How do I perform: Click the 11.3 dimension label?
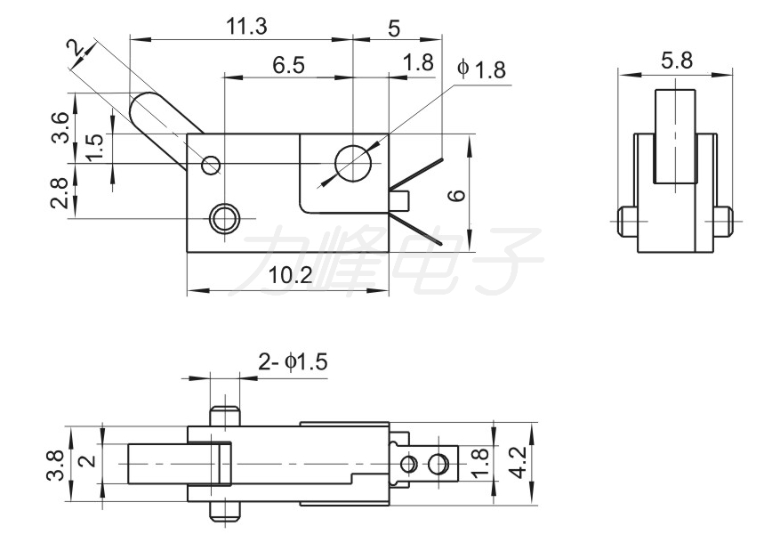(x=246, y=27)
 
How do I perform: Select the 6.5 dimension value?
(x=288, y=65)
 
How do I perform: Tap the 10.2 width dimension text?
(x=291, y=276)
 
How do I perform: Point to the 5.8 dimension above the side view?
(x=677, y=61)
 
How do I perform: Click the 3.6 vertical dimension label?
(x=60, y=127)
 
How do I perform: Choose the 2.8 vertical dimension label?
(x=60, y=193)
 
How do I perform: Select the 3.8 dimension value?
(x=55, y=466)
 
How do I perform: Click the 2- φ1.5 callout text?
(x=293, y=362)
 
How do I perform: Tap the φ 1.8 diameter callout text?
(x=481, y=69)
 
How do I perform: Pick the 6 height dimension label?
(x=457, y=195)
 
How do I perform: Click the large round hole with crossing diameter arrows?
(x=353, y=163)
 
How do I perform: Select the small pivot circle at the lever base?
(x=211, y=166)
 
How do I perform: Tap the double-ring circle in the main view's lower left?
(x=225, y=218)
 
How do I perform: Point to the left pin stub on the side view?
(x=628, y=222)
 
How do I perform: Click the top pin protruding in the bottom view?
(x=226, y=416)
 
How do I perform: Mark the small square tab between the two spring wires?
(x=400, y=200)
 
